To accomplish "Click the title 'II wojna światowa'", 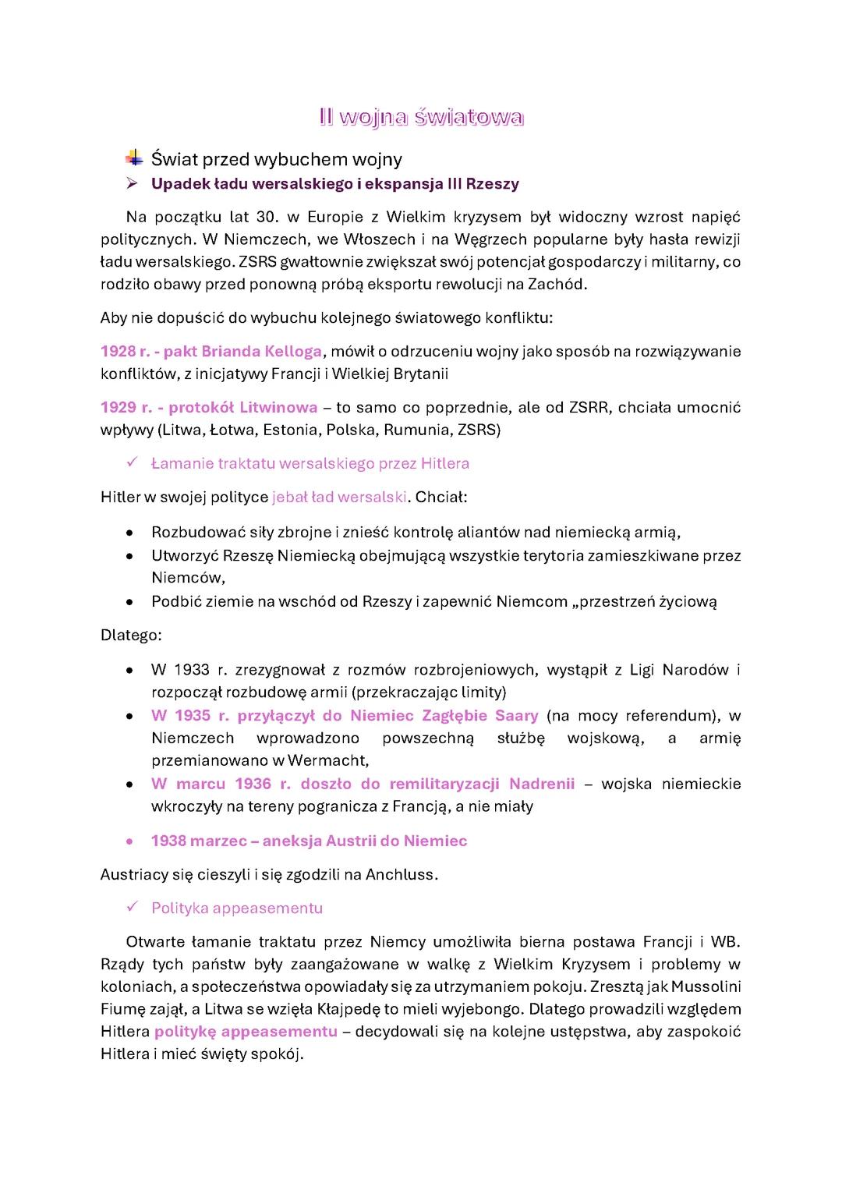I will click(421, 118).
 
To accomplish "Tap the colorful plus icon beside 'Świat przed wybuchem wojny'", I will click(134, 158).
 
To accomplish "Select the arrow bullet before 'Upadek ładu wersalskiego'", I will click(133, 184).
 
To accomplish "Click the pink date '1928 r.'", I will click(125, 352).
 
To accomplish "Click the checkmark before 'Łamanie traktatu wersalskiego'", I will click(133, 463).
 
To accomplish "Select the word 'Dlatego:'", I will click(131, 636).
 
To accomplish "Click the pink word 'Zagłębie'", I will click(455, 716).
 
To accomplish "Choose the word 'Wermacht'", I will click(327, 760).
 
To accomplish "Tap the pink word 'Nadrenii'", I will click(542, 784).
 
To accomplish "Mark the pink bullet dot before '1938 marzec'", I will click(129, 841).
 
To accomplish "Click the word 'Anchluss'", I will click(401, 875).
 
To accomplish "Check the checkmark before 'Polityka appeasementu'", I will click(133, 908).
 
